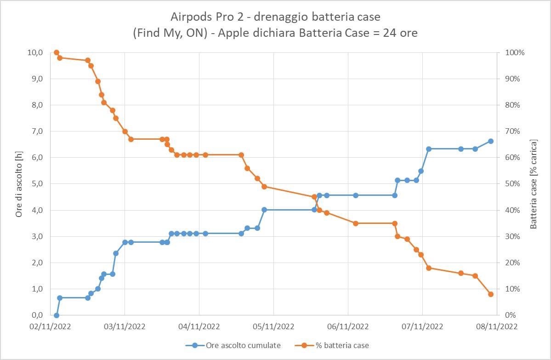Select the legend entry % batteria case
pos(341,345)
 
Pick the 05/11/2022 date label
pos(273,327)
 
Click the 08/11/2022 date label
pos(496,327)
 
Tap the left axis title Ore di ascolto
pos(19,184)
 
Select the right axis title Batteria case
pos(534,184)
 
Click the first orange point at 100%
pos(57,52)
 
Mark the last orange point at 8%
pos(491,294)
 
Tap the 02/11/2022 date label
pos(51,327)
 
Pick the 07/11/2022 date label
pos(422,327)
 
